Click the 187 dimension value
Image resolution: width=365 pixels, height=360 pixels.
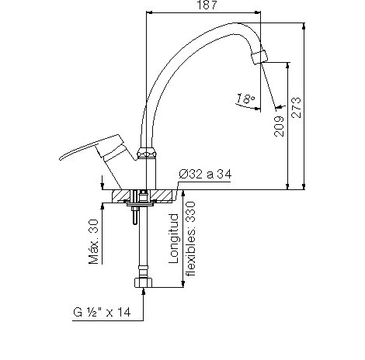tap(207, 5)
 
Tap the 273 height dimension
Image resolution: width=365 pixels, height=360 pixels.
tap(296, 108)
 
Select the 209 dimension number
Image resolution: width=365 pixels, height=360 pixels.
tap(279, 126)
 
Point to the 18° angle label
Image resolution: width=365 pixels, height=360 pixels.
tap(245, 99)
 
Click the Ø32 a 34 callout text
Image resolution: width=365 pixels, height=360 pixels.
tap(205, 174)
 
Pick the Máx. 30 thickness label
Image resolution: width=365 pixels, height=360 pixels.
tap(94, 242)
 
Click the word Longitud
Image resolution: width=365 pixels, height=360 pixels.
tap(174, 238)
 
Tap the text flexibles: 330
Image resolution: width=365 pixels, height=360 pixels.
tap(191, 239)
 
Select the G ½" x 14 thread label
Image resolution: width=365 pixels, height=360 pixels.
tap(102, 312)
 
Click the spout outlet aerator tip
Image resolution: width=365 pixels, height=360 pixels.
tap(259, 57)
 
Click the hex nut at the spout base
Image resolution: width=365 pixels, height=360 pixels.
tap(147, 153)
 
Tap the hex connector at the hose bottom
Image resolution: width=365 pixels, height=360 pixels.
tap(143, 282)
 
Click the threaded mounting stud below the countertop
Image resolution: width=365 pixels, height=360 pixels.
tap(135, 215)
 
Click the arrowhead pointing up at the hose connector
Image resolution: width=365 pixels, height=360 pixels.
tap(143, 291)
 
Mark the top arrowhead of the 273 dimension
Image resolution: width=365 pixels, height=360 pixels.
tap(304, 26)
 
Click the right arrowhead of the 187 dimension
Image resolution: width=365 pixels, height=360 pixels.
tap(257, 12)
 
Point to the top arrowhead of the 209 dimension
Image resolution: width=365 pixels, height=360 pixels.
tap(287, 66)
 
